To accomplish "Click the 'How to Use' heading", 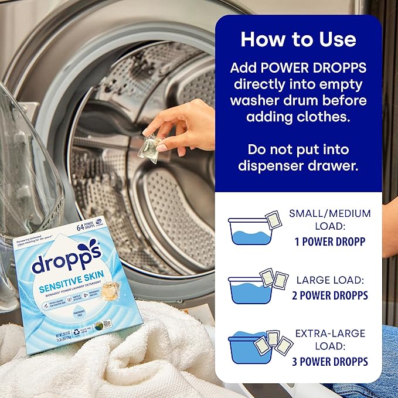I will [298, 39].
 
